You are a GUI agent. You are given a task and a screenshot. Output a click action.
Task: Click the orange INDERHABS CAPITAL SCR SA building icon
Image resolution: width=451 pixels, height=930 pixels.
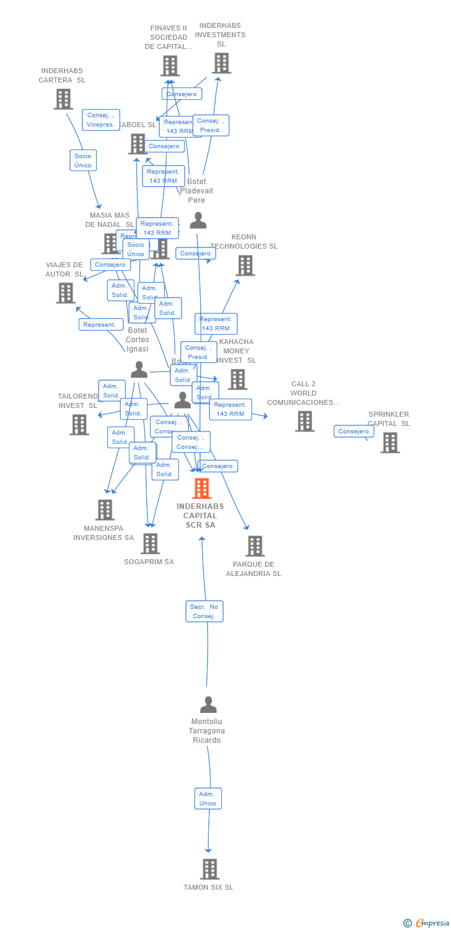201,489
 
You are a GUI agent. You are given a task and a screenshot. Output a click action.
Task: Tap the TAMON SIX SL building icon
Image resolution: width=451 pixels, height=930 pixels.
209,869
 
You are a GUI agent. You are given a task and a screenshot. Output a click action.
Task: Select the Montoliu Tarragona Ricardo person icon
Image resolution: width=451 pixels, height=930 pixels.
208,705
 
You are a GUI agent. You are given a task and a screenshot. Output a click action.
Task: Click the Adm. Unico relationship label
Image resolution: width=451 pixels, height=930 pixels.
208,799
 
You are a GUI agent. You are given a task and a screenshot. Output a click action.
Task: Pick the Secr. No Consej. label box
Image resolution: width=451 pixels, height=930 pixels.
204,611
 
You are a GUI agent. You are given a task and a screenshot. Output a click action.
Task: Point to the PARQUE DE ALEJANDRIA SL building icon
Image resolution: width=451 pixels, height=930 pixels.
255,546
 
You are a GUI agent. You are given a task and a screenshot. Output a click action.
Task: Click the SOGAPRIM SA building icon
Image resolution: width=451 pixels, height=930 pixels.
150,544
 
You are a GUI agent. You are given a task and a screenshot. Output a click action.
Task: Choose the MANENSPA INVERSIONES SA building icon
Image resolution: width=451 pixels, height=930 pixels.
105,510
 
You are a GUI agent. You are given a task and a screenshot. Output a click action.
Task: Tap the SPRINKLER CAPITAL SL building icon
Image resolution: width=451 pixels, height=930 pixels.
390,443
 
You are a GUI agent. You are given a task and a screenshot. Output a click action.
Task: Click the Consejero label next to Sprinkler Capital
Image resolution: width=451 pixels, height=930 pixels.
354,432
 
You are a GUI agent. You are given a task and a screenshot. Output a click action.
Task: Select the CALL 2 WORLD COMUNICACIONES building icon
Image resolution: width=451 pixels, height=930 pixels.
304,422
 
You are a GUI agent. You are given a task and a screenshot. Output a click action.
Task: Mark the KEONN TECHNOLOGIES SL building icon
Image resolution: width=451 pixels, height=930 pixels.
245,265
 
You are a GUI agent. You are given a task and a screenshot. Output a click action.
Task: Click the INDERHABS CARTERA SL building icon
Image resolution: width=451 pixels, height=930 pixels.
63,99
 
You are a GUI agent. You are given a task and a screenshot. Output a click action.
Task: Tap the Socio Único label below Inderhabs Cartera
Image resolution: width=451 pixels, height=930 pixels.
83,161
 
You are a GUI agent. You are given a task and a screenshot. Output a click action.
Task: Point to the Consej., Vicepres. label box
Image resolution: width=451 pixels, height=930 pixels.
101,120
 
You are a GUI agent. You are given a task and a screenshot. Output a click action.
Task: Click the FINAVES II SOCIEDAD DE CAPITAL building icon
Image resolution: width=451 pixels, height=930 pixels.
170,66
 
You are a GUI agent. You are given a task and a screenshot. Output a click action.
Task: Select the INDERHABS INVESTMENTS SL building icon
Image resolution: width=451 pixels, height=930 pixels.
221,63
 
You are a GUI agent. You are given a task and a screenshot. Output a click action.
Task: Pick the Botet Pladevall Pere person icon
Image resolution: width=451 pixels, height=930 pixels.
198,220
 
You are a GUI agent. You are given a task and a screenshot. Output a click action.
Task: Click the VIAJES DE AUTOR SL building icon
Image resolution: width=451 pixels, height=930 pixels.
66,293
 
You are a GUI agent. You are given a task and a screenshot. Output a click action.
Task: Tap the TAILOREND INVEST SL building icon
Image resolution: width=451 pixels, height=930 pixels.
79,425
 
